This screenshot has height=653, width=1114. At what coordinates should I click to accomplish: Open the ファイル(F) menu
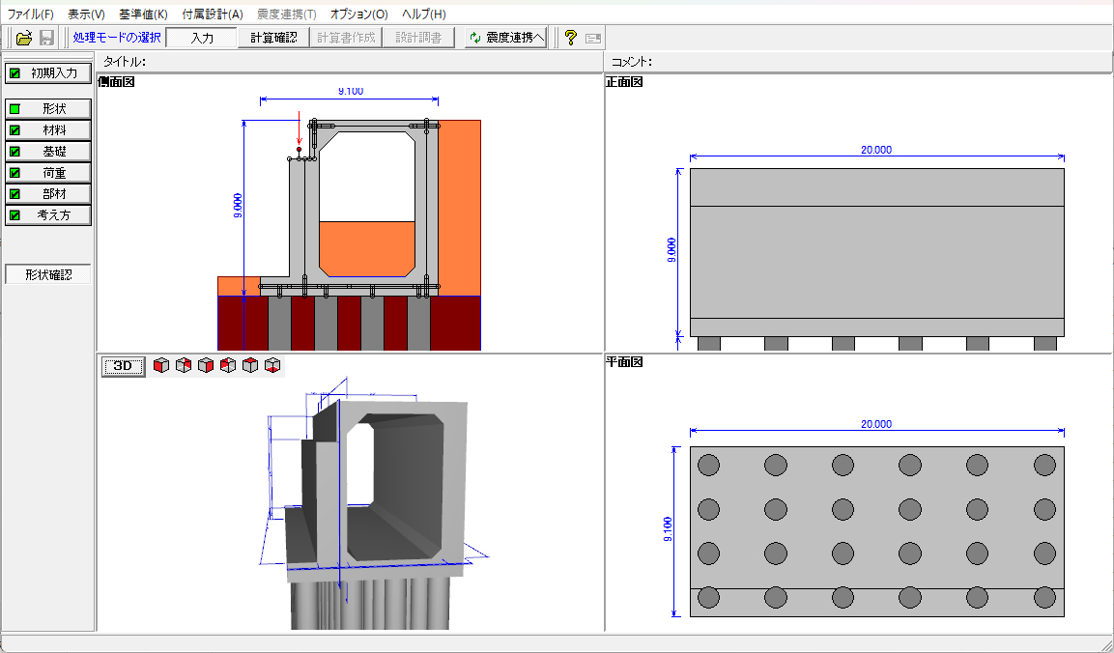pos(31,14)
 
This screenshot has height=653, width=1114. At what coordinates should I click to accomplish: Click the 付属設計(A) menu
pos(213,14)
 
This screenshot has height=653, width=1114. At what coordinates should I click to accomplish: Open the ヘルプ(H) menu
pos(423,14)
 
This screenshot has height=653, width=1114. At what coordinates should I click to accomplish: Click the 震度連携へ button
pos(506,38)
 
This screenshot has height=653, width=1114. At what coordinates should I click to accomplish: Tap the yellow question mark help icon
pos(570,38)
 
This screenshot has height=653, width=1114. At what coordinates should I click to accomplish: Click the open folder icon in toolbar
pos(24,38)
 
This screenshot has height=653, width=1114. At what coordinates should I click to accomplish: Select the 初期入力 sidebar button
pos(48,73)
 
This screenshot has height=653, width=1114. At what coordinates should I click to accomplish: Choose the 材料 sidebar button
pos(48,130)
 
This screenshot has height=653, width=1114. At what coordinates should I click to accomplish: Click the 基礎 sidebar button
pos(48,152)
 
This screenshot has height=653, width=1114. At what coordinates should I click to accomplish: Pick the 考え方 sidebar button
pos(48,214)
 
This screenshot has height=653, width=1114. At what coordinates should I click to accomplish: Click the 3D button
pos(123,366)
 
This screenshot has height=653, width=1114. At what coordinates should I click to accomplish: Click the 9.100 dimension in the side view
pos(351,91)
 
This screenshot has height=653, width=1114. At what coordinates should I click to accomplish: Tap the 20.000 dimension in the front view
pos(876,150)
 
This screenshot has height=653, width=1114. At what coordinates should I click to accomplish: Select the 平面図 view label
pos(624,361)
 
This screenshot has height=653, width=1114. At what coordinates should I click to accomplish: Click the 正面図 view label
pos(624,82)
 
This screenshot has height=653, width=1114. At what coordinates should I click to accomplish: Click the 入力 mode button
pos(202,38)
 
